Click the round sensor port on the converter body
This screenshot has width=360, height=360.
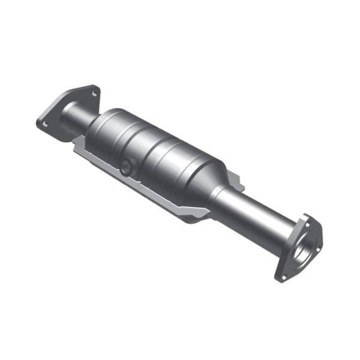tap(125, 167)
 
